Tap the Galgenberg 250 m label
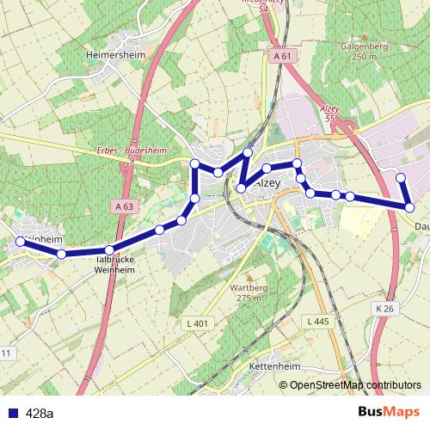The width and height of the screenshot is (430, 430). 359,52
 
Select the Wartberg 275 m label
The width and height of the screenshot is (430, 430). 246,292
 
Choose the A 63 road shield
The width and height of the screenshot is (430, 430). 125,206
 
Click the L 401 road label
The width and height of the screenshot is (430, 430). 197,322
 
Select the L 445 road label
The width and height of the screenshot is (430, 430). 317,321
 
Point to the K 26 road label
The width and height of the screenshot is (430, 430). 384,308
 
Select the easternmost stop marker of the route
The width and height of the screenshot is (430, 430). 410,207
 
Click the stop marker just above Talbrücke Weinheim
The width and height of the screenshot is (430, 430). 110,249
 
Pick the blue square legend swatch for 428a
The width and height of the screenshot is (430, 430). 11,414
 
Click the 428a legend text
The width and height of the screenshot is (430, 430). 40,414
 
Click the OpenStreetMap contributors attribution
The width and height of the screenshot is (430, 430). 355,385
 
